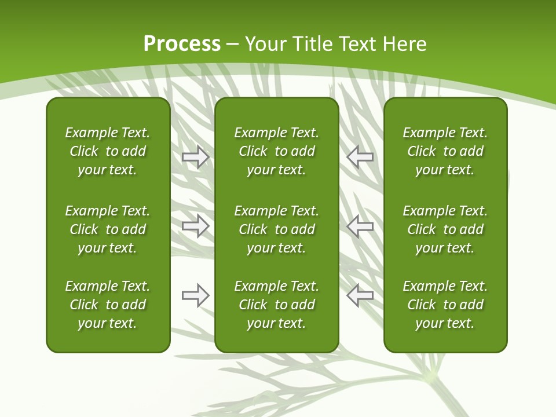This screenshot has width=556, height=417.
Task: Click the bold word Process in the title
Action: click(x=182, y=44)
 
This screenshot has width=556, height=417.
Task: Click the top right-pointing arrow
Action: click(x=196, y=157)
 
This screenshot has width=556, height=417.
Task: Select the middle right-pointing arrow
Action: click(x=196, y=226)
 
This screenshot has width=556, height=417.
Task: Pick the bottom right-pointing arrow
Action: click(x=196, y=295)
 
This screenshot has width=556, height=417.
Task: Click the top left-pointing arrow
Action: click(x=360, y=156)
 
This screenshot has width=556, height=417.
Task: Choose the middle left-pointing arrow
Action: click(x=360, y=226)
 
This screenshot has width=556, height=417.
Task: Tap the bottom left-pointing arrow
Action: click(x=360, y=295)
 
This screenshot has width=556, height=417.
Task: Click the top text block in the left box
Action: click(x=108, y=151)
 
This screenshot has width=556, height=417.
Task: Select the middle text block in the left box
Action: click(x=108, y=229)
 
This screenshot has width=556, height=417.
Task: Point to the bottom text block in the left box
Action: click(x=108, y=305)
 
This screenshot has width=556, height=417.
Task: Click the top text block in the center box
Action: click(x=277, y=151)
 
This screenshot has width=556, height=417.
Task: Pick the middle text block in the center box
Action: click(x=277, y=229)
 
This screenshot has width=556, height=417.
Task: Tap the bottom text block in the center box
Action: click(x=277, y=305)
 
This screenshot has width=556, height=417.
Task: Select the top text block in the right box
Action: click(x=445, y=151)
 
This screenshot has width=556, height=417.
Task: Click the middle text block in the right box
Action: click(x=445, y=229)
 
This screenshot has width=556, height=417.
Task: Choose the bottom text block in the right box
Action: click(x=445, y=305)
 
